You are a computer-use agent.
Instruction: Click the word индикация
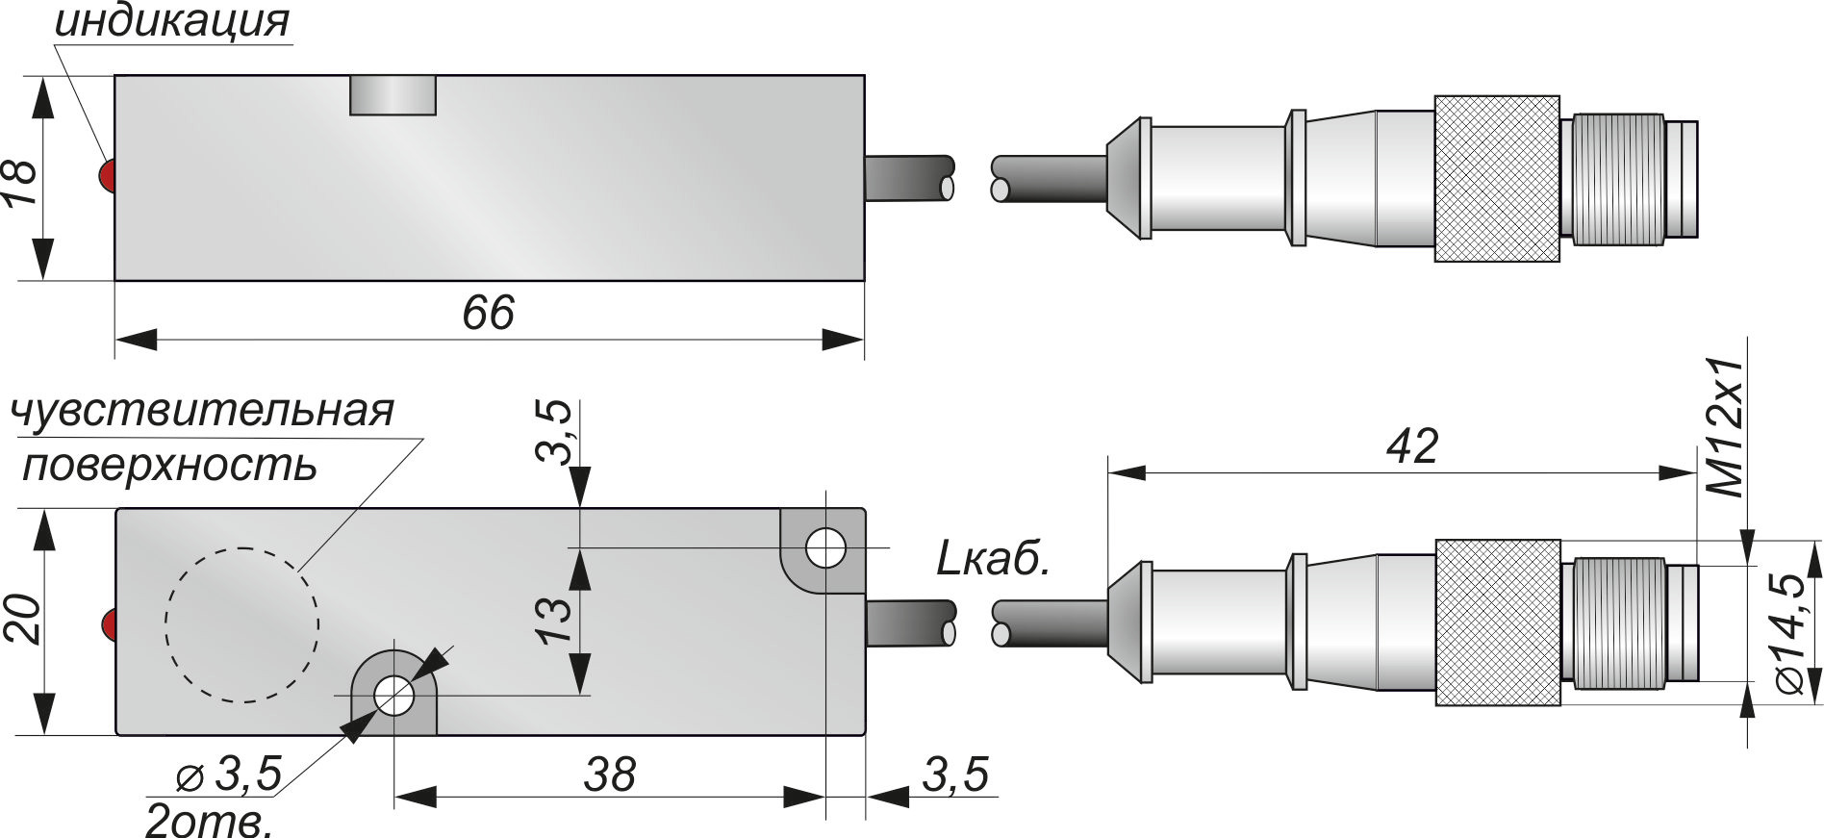coord(172,21)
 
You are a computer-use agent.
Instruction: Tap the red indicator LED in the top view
coord(106,175)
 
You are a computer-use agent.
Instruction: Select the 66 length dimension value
coord(488,314)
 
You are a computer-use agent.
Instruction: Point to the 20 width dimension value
coord(21,621)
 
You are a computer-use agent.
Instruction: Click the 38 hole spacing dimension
coord(609,775)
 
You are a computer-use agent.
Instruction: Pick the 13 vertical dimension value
coord(555,622)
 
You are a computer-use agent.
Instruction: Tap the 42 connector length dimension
coord(1411,446)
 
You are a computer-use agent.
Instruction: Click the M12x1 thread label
coord(1729,427)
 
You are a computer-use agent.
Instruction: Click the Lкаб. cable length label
coord(992,560)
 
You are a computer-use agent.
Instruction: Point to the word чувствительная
coord(202,411)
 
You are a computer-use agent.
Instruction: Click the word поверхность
coord(169,467)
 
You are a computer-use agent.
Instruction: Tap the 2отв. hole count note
coord(207,821)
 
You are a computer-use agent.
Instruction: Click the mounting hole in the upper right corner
coord(825,548)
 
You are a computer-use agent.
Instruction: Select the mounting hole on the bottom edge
coord(394,695)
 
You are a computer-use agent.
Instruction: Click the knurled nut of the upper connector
coord(1496,179)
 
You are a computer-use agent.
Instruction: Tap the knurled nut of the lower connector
coord(1496,622)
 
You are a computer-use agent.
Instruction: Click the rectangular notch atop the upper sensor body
coord(393,96)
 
